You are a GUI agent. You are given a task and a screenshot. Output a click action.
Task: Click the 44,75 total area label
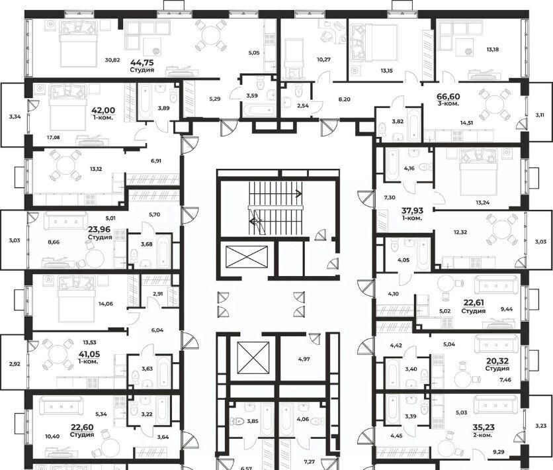point(142,63)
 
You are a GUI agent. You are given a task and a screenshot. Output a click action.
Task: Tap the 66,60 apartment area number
point(448,97)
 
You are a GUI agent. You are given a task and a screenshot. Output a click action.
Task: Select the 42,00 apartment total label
point(103,111)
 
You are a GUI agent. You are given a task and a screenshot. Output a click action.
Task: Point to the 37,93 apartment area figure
point(412,211)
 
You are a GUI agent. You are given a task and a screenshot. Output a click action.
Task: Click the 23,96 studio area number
point(100,229)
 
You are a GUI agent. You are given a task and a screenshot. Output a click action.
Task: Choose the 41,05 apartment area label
point(88,354)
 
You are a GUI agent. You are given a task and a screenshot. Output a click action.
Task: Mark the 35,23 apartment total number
point(483,428)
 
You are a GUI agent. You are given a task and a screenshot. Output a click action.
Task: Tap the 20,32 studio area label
point(497,361)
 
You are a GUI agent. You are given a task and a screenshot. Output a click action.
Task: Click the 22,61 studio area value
point(474,303)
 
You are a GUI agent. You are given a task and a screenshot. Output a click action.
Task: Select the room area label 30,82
point(112,60)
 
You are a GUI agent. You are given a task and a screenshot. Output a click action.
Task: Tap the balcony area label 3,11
point(540,115)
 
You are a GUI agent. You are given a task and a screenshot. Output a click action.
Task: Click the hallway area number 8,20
point(344,99)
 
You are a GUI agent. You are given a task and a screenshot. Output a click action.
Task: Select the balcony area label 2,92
point(14,363)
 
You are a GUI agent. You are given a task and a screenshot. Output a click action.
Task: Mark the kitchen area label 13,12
point(96,169)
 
